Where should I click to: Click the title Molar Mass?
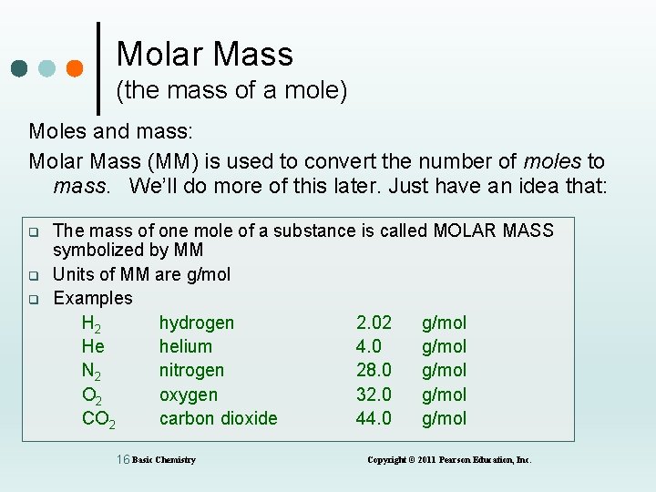click(x=204, y=55)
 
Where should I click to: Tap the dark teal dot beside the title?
click(x=21, y=69)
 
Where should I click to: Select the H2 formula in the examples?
click(x=91, y=323)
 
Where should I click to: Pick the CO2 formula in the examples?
click(x=97, y=419)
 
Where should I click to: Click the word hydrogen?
click(x=196, y=323)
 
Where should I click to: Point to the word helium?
click(x=185, y=346)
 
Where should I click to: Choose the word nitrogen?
click(x=191, y=370)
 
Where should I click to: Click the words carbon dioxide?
click(x=218, y=418)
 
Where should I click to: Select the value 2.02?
click(x=374, y=323)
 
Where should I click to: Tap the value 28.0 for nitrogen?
click(x=374, y=370)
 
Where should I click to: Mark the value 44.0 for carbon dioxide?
click(x=374, y=418)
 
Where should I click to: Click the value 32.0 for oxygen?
click(x=374, y=395)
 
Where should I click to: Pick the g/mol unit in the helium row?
click(x=444, y=346)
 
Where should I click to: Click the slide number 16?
click(x=123, y=459)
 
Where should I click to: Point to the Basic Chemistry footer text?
click(x=164, y=460)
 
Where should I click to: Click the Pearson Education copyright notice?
click(x=448, y=460)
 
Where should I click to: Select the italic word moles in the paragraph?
click(x=552, y=162)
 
